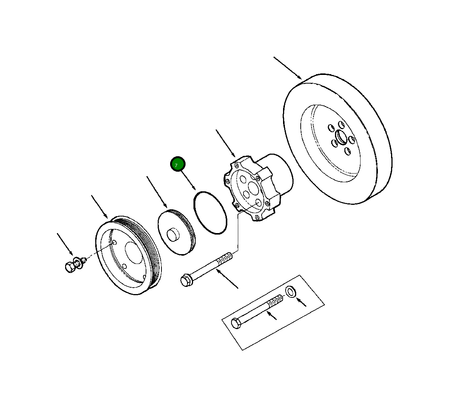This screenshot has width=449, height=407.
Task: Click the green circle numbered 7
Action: pos(178,165)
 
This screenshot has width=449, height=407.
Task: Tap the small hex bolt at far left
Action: pos(70,267)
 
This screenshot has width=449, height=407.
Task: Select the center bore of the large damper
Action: pos(341,137)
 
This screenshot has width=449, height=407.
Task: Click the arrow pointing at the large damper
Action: pos(288,68)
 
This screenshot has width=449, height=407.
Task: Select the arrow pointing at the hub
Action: pos(225,143)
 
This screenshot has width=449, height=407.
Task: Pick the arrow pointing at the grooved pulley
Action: pos(100,207)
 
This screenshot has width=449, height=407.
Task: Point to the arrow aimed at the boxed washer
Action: pos(301,302)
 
